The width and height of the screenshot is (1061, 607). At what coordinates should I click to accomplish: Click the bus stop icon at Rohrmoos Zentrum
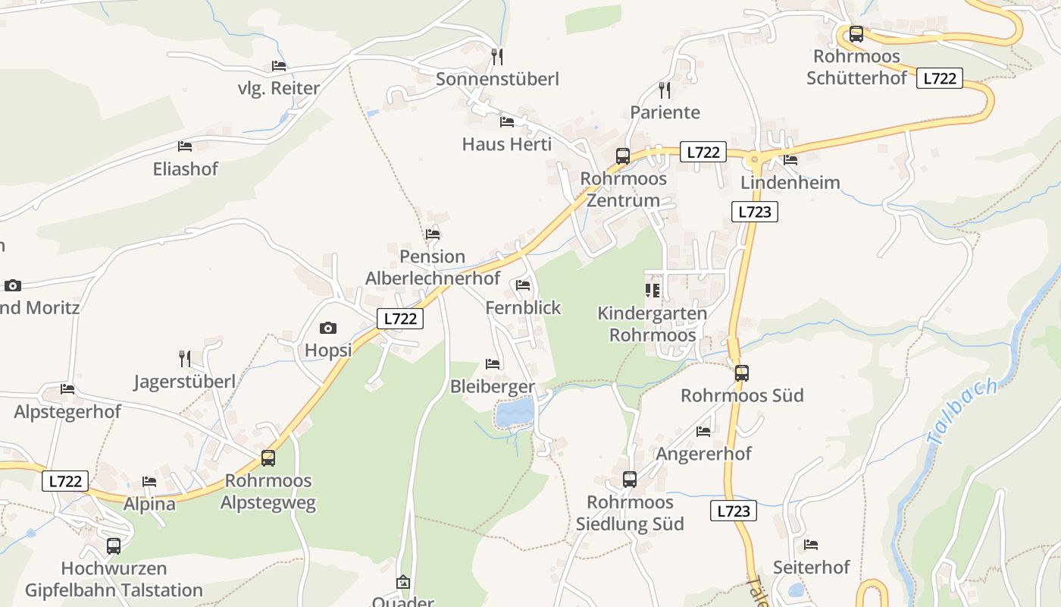point(622,156)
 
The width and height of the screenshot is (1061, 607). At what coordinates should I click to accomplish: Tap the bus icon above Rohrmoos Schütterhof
point(856,34)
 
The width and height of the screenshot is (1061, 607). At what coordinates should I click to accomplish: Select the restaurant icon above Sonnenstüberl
point(496,56)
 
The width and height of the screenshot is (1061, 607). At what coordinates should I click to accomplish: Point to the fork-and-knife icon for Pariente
point(665,90)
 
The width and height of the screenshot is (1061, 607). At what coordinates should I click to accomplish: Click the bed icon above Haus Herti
point(507,121)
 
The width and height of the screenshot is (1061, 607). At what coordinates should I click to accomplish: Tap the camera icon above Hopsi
point(327,328)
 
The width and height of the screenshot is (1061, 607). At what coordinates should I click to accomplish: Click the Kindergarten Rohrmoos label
point(652,324)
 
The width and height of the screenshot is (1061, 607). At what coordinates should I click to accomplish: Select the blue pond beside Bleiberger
point(515,414)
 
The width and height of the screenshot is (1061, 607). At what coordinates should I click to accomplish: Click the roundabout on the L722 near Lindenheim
point(754,159)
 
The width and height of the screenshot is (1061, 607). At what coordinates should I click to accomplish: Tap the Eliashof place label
point(185,169)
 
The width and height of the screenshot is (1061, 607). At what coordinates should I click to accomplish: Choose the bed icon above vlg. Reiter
point(279,66)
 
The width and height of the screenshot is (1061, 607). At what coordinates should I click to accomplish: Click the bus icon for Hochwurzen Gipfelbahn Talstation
point(113,546)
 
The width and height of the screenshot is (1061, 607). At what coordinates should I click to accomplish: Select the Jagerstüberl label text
point(184,381)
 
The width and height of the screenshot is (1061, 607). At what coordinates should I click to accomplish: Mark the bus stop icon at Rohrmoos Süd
point(741,373)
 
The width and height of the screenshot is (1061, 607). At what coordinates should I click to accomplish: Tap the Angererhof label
point(703,454)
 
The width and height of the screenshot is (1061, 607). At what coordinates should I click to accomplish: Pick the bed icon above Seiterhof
point(811,545)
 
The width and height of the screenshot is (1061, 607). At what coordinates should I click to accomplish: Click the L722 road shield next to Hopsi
point(399,319)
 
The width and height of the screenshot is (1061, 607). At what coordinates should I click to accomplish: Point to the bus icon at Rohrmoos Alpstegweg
point(268,458)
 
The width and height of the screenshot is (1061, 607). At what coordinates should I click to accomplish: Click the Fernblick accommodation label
point(523,307)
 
